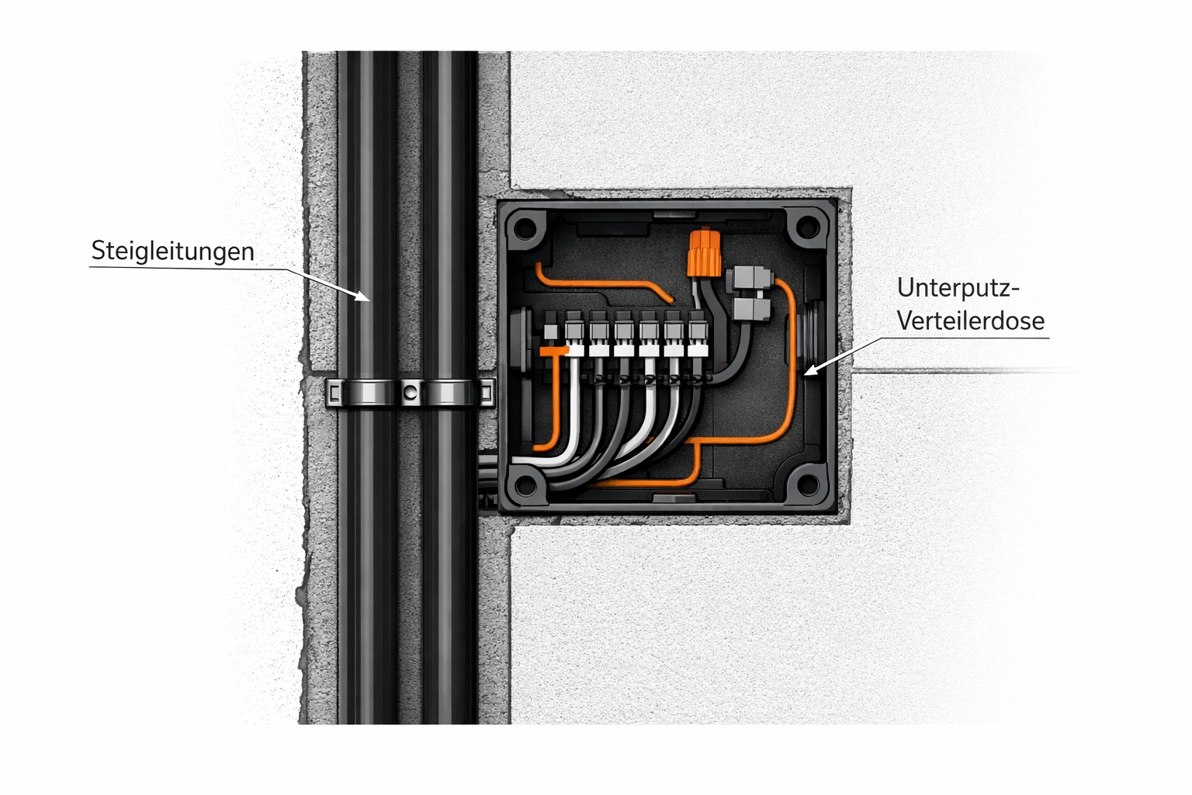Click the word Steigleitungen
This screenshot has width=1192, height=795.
point(172,252)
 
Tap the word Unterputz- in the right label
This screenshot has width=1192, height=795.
point(958,289)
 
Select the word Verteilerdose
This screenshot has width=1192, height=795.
point(971,321)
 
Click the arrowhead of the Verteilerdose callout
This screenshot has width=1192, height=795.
point(811,370)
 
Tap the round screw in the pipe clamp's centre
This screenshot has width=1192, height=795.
point(409,393)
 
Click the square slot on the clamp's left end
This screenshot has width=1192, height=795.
point(334,394)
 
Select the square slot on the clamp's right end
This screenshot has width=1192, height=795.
point(487,393)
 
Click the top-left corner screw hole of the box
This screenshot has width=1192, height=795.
point(525,229)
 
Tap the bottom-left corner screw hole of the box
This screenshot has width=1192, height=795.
point(525,484)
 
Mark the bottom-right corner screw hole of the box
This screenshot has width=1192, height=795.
point(808,484)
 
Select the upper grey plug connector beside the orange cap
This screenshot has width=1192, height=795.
point(749,278)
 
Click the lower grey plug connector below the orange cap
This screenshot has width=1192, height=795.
point(750,309)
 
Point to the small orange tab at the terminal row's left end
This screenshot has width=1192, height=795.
point(553,351)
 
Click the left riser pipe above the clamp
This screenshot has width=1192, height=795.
point(368,213)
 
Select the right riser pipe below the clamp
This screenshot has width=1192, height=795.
point(449,564)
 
